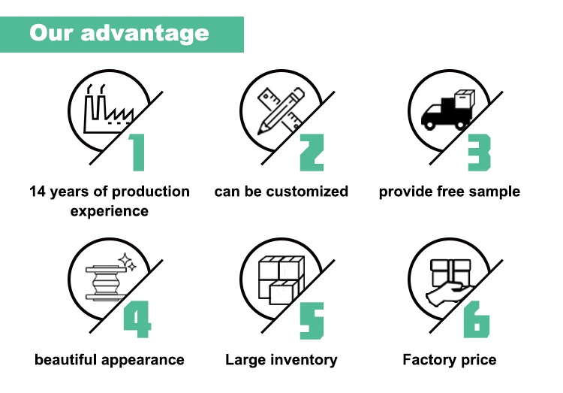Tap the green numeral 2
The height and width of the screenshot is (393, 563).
[312, 153]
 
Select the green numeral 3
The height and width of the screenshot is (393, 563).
[479, 153]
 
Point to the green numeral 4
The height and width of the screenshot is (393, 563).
[137, 319]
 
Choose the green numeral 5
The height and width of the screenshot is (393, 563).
[312, 320]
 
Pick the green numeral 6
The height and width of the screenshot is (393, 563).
[477, 319]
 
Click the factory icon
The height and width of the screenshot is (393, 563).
[108, 109]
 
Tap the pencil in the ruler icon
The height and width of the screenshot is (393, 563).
[281, 111]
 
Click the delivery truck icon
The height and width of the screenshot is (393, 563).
[447, 110]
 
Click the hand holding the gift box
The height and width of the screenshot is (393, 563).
[449, 293]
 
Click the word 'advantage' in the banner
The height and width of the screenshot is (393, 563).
[145, 34]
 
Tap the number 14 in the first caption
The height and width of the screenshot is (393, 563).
[38, 192]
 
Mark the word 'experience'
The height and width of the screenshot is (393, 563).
[110, 211]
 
